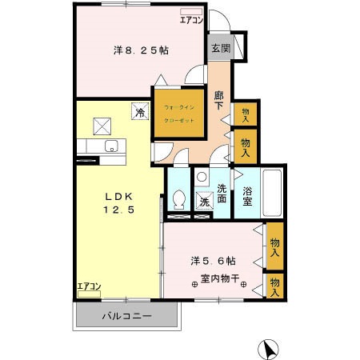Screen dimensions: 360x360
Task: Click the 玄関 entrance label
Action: (x=220, y=48)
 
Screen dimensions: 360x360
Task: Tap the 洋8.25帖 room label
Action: (x=140, y=50)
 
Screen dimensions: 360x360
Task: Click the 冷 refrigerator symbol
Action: (x=139, y=114)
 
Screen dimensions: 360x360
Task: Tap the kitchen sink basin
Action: (x=112, y=146)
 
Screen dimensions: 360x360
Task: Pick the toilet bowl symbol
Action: (x=179, y=197)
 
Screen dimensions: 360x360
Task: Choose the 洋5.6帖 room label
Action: (x=212, y=261)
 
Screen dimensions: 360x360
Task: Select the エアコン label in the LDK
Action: (x=89, y=286)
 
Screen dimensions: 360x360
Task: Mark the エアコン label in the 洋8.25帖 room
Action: (x=190, y=20)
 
